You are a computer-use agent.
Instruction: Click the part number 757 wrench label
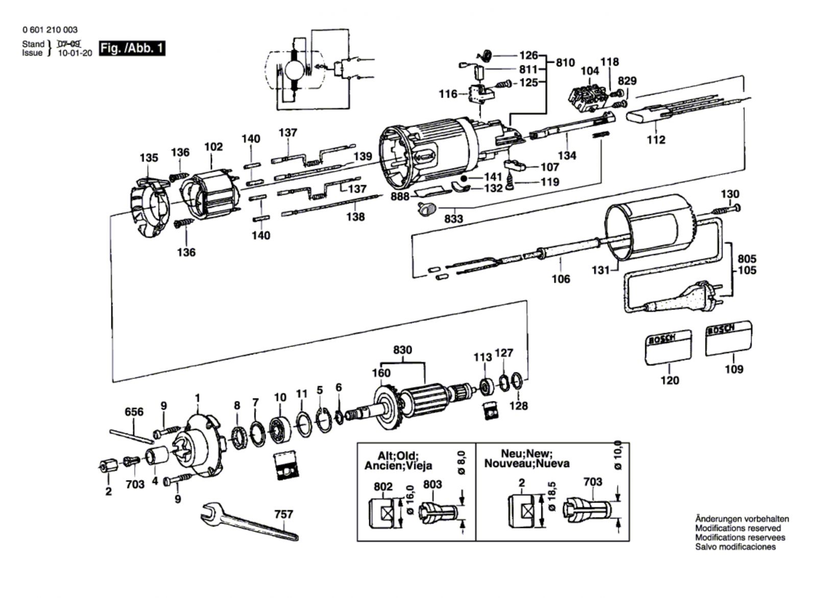pyautogui.click(x=283, y=514)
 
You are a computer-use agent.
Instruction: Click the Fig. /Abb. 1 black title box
pyautogui.click(x=132, y=48)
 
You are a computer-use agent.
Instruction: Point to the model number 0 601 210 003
pyautogui.click(x=50, y=30)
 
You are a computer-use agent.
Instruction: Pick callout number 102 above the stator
pyautogui.click(x=213, y=147)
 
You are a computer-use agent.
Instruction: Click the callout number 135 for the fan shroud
pyautogui.click(x=149, y=158)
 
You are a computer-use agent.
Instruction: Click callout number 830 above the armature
pyautogui.click(x=402, y=351)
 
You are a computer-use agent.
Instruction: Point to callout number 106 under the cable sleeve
pyautogui.click(x=561, y=279)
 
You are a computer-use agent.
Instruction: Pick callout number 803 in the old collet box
pyautogui.click(x=432, y=484)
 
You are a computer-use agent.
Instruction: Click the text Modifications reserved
pyautogui.click(x=738, y=528)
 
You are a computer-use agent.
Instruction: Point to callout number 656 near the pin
pyautogui.click(x=134, y=412)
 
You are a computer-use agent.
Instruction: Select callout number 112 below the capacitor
pyautogui.click(x=656, y=139)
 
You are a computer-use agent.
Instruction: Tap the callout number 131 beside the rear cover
pyautogui.click(x=600, y=270)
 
